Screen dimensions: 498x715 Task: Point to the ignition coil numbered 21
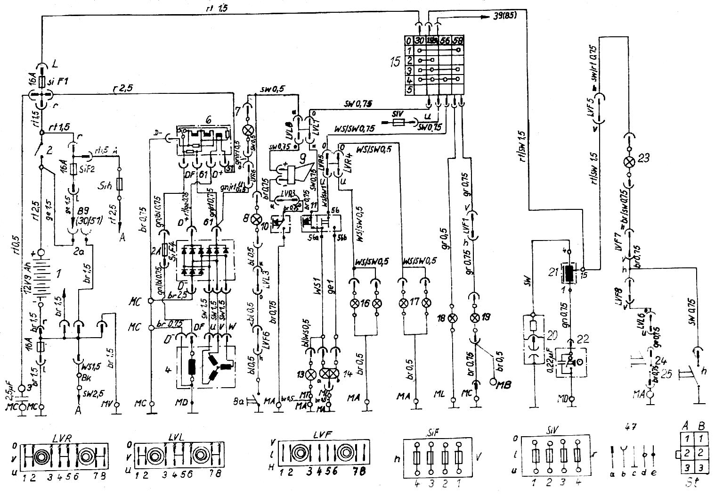[570, 274]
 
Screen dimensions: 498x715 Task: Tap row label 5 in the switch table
[409, 89]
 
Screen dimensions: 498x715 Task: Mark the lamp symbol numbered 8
[258, 219]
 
